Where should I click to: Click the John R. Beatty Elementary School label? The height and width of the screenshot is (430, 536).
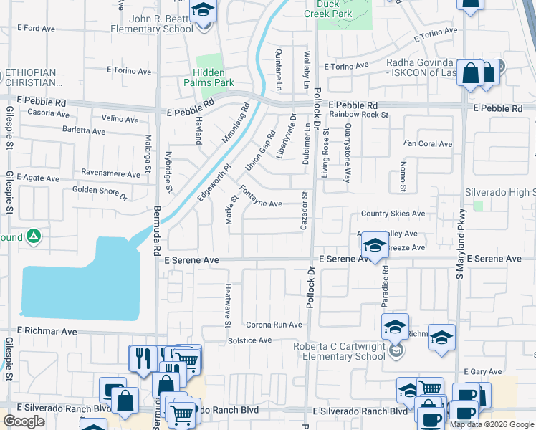pos(150,24)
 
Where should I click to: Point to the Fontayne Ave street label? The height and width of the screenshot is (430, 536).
pos(260,197)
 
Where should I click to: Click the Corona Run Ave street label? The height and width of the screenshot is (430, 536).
pos(274,325)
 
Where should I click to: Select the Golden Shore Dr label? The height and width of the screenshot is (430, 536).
pos(100,192)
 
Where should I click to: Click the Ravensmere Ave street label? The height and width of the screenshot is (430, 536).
pos(110,174)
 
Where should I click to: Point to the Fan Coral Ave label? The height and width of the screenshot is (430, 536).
pos(428,144)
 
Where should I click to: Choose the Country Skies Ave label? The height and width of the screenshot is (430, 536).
pos(393,214)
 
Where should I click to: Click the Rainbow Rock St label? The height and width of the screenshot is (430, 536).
pos(358,115)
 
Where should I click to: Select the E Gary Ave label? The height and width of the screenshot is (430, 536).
pos(480,371)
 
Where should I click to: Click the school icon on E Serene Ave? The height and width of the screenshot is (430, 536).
pos(373,246)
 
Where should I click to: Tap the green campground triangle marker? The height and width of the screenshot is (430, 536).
pos(33,236)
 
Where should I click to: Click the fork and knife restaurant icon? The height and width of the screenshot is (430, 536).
pos(142,357)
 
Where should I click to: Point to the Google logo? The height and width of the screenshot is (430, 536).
pos(24,421)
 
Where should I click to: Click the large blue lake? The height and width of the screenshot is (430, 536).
pos(79,283)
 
